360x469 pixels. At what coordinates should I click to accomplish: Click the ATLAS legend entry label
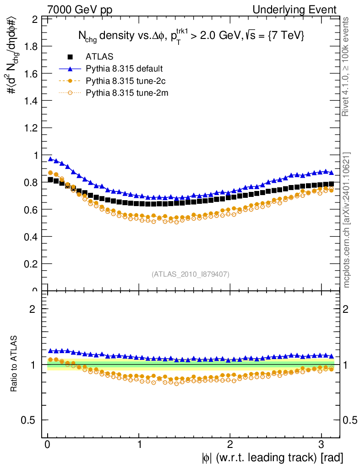coord(99,57)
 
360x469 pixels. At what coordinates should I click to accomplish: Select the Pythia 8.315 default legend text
coord(124,69)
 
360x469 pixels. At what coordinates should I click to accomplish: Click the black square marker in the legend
coord(70,57)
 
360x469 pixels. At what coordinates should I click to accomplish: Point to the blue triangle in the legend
coord(70,69)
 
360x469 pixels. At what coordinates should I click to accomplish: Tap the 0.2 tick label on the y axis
coord(32,264)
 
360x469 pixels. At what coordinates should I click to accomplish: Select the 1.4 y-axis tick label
coord(32,101)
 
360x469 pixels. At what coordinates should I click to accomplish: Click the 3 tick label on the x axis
coord(322,444)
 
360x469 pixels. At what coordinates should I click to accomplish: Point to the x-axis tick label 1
coord(139,444)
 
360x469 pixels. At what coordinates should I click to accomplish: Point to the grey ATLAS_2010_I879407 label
coord(191,274)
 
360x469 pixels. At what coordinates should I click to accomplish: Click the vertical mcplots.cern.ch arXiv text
coord(347,220)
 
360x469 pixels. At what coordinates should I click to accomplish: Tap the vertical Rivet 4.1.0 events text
coord(347,66)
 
